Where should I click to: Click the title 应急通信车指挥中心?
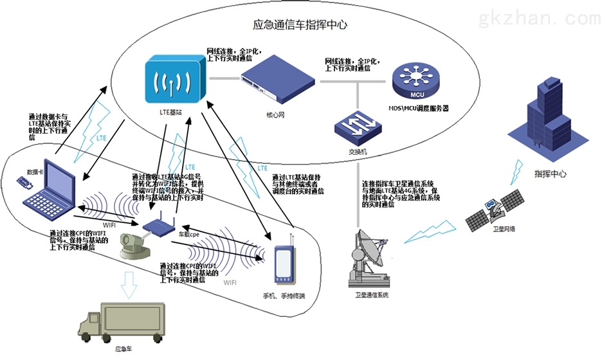pos(300,25)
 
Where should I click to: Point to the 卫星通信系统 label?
pos(372,295)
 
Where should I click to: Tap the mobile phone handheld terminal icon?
pos(284,263)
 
